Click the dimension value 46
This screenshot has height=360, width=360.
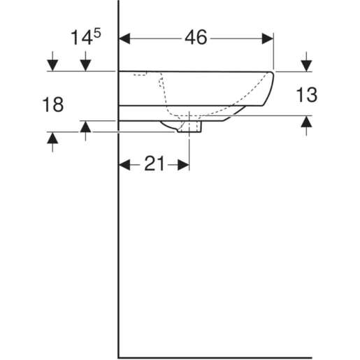tap(196, 38)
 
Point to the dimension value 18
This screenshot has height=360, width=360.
tap(53, 105)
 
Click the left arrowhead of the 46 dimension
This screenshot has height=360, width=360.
tap(126, 38)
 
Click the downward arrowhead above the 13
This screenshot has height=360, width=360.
tap(306, 66)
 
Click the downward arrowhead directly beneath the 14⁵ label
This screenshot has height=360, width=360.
tap(86, 66)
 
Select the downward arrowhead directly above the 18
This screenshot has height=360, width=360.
tap(52, 66)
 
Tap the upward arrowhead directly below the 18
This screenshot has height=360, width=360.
tap(52, 138)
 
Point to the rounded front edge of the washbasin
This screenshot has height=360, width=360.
tap(270, 87)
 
